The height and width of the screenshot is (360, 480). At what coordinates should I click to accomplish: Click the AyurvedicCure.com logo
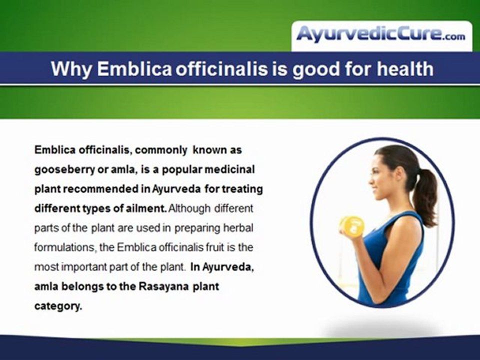(x=381, y=34)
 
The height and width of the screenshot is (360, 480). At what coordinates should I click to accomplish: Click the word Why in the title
(x=71, y=68)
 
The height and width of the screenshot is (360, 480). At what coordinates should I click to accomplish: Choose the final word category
(x=57, y=306)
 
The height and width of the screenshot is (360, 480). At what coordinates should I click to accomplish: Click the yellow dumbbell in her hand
(x=351, y=225)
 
